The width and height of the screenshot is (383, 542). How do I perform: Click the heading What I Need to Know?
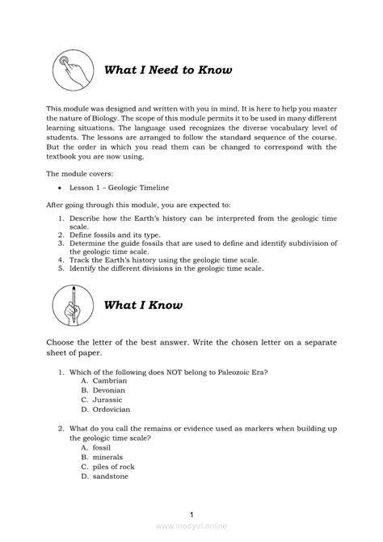[168, 70]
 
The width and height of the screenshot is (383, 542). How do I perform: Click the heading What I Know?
[143, 305]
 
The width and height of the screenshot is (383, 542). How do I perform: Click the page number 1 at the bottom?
[191, 515]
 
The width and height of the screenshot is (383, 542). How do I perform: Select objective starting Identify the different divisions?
[162, 268]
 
